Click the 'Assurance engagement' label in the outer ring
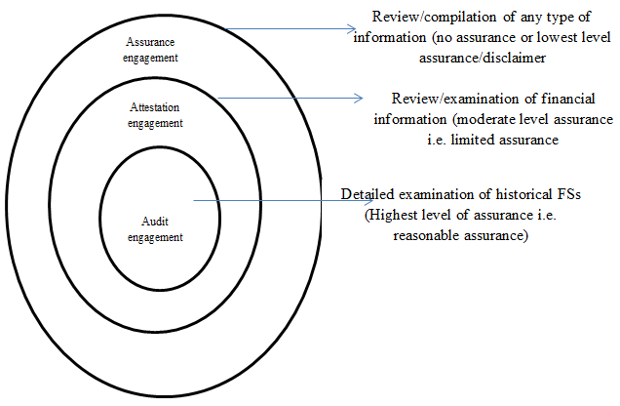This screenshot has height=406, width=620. pos(150,50)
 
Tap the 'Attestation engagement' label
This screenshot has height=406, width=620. pos(155,115)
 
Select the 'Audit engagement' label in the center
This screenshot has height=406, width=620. pos(155,229)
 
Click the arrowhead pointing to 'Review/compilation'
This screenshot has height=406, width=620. pos(352,29)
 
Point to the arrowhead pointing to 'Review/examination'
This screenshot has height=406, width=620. pos(358,99)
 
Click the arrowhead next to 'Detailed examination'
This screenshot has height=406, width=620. pos(368,201)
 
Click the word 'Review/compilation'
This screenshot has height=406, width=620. pos(434,17)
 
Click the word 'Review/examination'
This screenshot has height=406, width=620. pos(454,99)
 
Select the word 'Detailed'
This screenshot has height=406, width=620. pos(368,194)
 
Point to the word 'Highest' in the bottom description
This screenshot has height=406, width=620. pos(391,216)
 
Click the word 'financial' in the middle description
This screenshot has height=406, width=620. pos(568,99)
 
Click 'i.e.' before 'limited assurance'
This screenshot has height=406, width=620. pos(438,140)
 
